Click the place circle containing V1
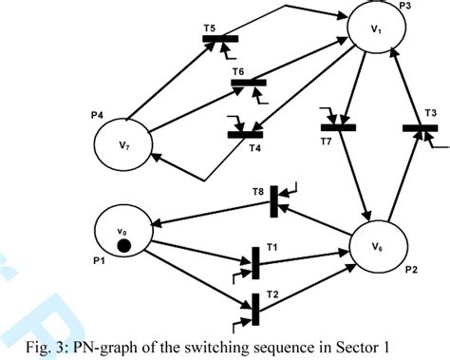click(x=377, y=31)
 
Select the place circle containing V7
click(x=123, y=145)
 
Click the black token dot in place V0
click(x=123, y=247)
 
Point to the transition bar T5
click(x=220, y=39)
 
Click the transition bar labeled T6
click(x=250, y=84)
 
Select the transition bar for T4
click(x=246, y=133)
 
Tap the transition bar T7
click(x=337, y=125)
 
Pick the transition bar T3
click(x=419, y=127)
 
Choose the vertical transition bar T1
click(x=254, y=260)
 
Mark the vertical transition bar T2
click(x=255, y=307)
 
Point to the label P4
click(x=98, y=115)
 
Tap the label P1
click(x=99, y=260)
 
